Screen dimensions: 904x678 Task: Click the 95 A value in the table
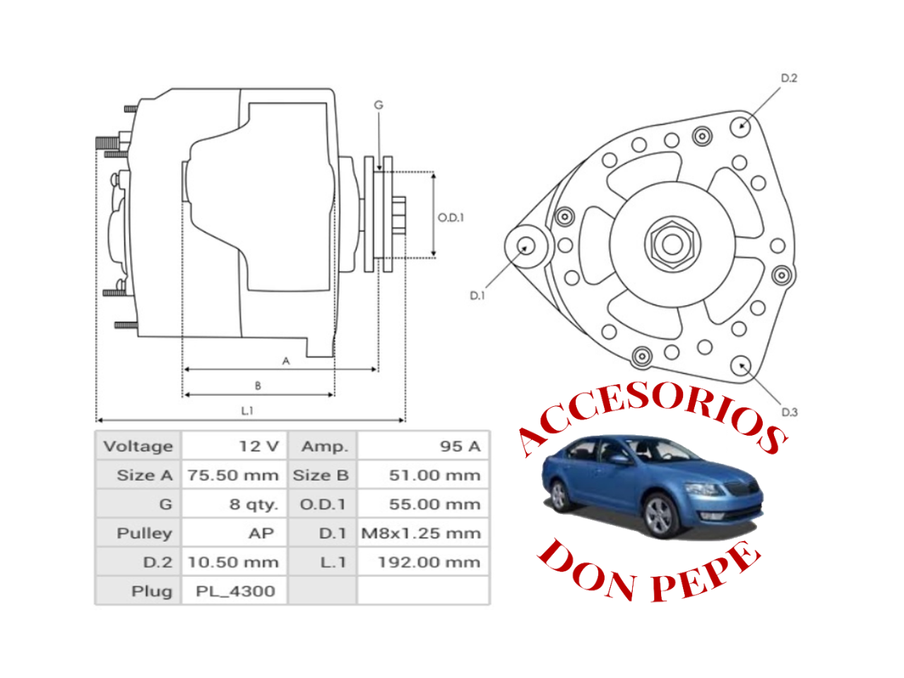pyautogui.click(x=460, y=446)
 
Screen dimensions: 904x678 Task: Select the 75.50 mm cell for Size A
pyautogui.click(x=233, y=475)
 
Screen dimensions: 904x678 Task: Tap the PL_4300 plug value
pyautogui.click(x=235, y=591)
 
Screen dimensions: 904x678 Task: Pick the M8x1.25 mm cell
pyautogui.click(x=421, y=533)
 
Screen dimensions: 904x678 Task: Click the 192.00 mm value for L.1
pyautogui.click(x=429, y=562)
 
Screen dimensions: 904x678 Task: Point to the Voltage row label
pyautogui.click(x=138, y=446)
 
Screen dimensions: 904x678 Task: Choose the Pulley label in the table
pyautogui.click(x=144, y=533)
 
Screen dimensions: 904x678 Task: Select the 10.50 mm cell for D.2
pyautogui.click(x=233, y=562)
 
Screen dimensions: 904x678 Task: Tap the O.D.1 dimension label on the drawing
pyautogui.click(x=451, y=218)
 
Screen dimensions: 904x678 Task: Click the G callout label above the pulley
pyautogui.click(x=379, y=105)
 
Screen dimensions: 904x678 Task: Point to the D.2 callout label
pyautogui.click(x=789, y=78)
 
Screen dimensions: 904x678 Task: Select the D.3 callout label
pyautogui.click(x=790, y=412)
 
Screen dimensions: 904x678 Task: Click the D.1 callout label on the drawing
pyautogui.click(x=477, y=296)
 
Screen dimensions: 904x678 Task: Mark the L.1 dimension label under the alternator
pyautogui.click(x=247, y=411)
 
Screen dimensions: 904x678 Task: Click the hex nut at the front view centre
pyautogui.click(x=672, y=244)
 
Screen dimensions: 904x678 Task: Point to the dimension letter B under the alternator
pyautogui.click(x=258, y=386)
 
